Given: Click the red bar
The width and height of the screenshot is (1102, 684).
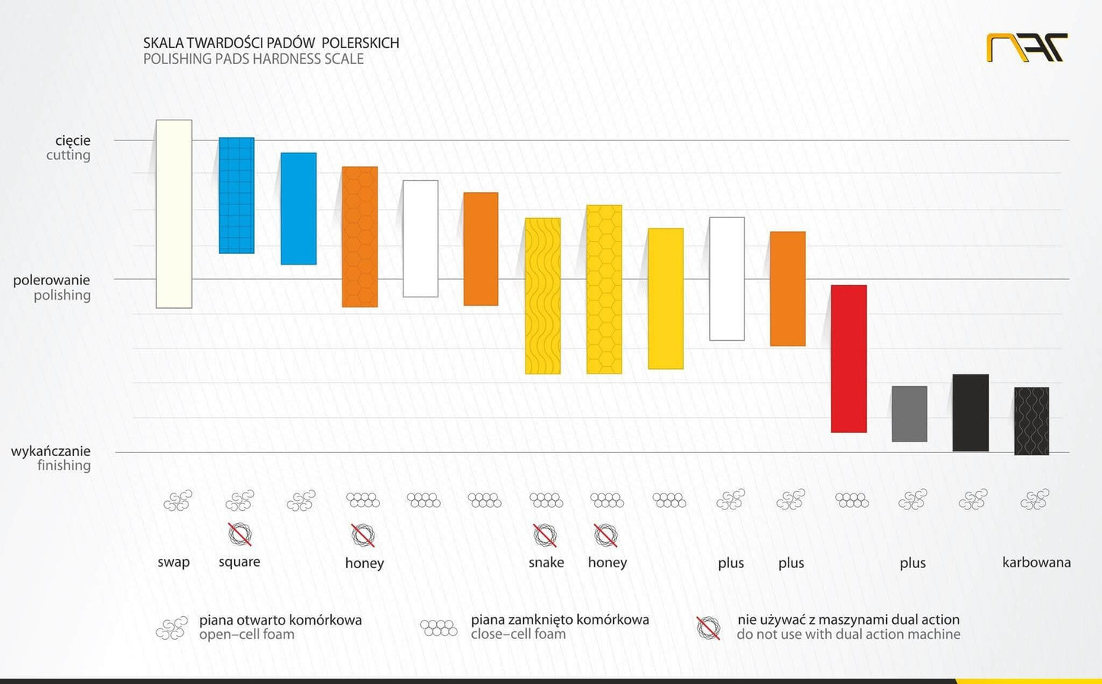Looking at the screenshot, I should (x=848, y=358).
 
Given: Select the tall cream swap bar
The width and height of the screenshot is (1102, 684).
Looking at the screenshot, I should (x=174, y=214).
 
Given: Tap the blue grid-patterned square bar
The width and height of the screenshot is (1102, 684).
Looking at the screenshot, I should (x=236, y=195).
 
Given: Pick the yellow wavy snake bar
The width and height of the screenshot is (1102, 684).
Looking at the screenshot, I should (x=542, y=296).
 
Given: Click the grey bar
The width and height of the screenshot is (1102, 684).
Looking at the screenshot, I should (x=909, y=413).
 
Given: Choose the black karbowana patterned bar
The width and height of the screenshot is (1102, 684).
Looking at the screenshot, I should (x=1031, y=421).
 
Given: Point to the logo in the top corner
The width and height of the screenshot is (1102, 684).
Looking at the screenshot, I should (x=1026, y=48).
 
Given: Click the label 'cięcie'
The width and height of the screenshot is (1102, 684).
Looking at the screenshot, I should (x=72, y=140).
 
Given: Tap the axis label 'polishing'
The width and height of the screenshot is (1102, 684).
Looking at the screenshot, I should (x=62, y=295).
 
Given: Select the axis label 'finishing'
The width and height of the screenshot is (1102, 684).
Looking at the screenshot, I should (x=64, y=465).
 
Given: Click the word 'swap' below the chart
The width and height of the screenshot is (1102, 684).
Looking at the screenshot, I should (x=173, y=562).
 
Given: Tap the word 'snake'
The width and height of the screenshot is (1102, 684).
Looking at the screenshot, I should (x=546, y=562).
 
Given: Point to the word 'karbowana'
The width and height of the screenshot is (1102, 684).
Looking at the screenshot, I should (x=1036, y=562).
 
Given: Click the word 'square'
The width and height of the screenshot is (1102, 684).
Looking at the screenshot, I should (x=239, y=562).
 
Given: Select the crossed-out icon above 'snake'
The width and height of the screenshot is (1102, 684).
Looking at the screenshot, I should (x=545, y=535).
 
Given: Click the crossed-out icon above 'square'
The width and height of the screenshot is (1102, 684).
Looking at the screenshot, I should (x=239, y=534).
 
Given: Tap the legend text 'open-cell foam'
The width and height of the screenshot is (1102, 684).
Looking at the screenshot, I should (x=246, y=634).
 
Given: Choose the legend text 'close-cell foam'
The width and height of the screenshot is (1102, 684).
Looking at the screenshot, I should (x=518, y=634).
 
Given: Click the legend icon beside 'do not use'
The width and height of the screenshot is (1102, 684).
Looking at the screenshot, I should (x=708, y=628).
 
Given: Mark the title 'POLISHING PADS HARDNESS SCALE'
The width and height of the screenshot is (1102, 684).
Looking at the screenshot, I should (x=253, y=59).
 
